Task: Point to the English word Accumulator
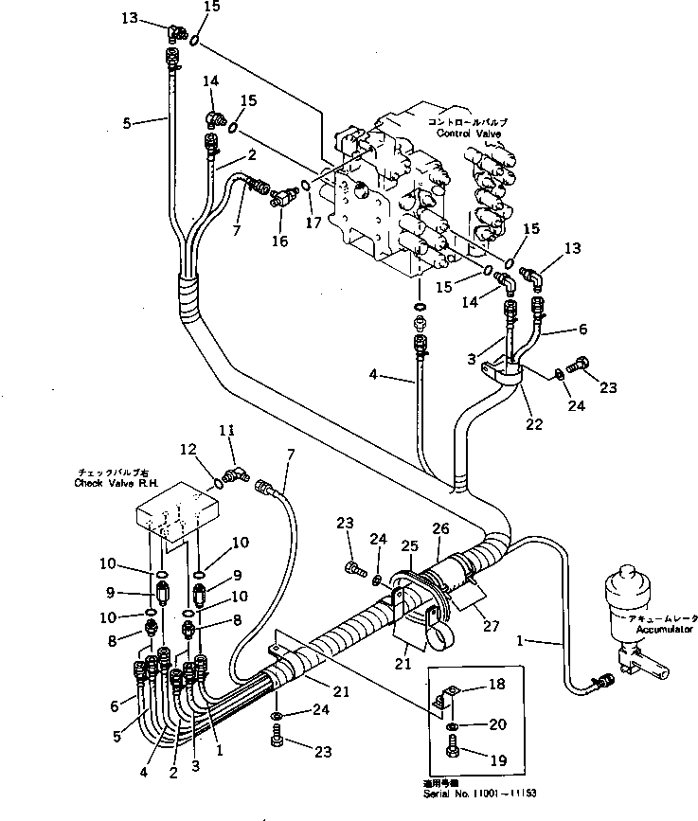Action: [x=664, y=628]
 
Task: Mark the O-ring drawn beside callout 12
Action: [x=219, y=483]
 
